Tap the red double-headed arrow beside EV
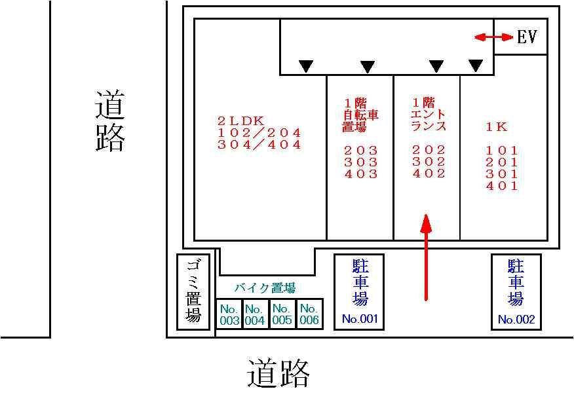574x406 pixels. click(494, 38)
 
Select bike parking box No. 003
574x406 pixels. click(229, 314)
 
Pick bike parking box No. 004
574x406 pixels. click(254, 314)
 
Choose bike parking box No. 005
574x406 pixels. click(281, 314)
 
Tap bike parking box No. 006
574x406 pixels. click(309, 314)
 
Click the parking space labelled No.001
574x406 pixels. click(359, 291)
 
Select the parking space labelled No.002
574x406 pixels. click(516, 291)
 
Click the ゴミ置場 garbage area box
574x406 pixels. click(193, 291)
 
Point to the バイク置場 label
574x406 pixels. click(265, 288)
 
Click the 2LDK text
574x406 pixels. click(240, 121)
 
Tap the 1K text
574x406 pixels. click(497, 127)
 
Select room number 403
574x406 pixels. click(361, 174)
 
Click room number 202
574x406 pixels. click(429, 150)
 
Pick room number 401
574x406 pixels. click(502, 186)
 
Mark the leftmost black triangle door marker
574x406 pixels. click(306, 66)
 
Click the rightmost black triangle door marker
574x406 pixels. click(476, 65)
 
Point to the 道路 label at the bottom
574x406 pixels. click(278, 374)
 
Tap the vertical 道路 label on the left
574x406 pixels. click(109, 121)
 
